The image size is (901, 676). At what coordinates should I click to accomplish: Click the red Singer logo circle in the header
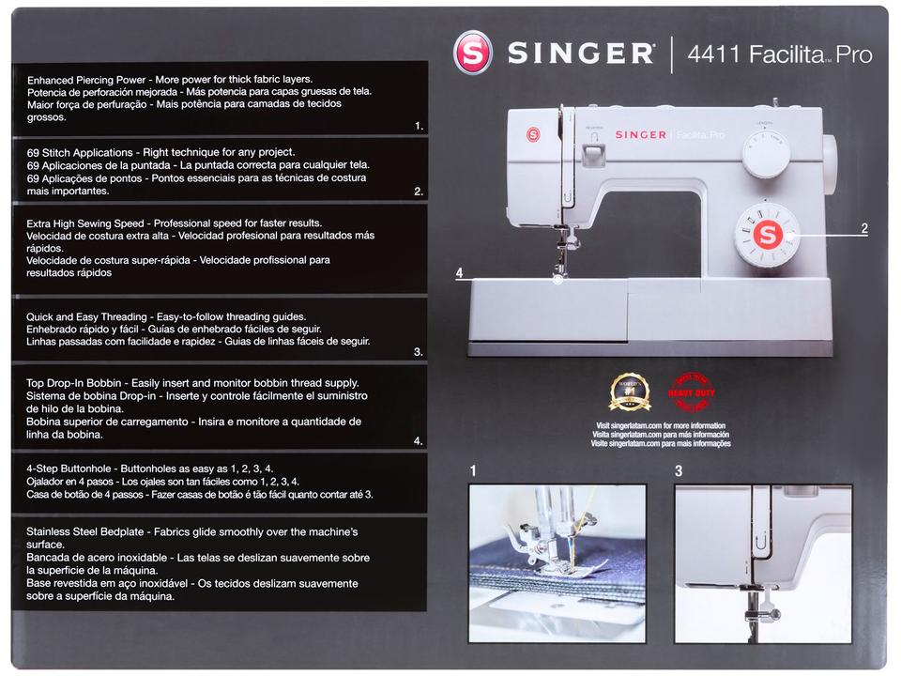click(x=472, y=54)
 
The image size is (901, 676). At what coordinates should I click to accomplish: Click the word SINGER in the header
click(x=581, y=54)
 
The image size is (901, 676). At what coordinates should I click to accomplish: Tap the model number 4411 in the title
click(x=715, y=54)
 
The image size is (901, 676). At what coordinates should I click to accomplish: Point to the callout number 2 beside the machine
click(x=864, y=228)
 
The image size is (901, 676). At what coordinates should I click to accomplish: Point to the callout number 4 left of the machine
click(x=459, y=273)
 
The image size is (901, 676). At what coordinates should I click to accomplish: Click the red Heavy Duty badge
click(x=691, y=392)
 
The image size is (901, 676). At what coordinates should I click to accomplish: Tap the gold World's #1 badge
click(x=630, y=392)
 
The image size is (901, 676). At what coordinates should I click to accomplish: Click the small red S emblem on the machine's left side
click(x=533, y=134)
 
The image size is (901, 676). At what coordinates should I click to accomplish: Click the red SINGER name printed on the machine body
click(x=640, y=135)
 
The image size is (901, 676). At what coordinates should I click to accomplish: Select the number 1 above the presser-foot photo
click(x=474, y=472)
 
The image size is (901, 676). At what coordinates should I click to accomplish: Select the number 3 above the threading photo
click(x=679, y=472)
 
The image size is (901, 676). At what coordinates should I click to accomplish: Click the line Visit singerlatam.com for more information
click(x=662, y=426)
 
